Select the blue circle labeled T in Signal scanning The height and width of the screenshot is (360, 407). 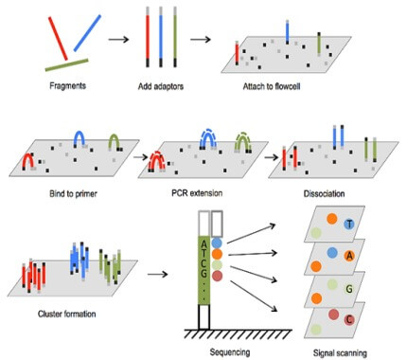(349, 224)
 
